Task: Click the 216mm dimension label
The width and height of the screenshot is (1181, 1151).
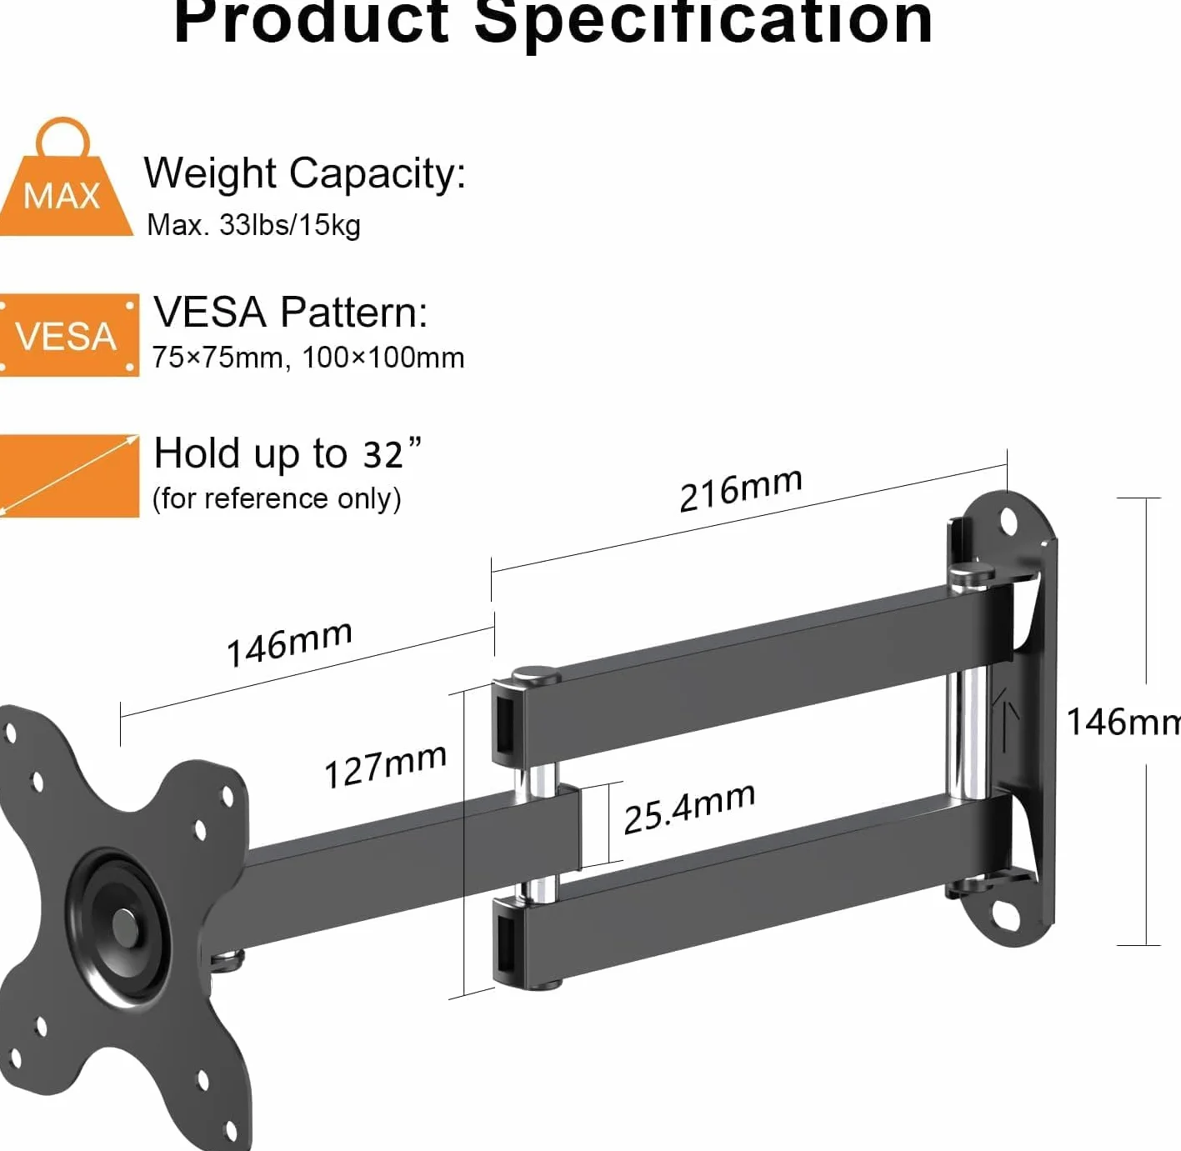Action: [x=740, y=489]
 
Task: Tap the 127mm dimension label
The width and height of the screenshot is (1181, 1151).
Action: [x=385, y=766]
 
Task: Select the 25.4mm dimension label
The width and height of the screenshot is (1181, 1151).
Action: [x=689, y=808]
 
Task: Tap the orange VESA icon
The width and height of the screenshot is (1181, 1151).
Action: [x=68, y=335]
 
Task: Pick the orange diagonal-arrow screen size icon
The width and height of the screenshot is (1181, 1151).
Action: [x=68, y=476]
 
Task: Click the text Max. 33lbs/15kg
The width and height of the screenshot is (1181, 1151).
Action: [x=253, y=225]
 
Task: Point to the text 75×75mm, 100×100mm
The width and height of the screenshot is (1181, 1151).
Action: [x=308, y=358]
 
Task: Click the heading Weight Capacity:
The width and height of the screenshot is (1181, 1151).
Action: [x=305, y=174]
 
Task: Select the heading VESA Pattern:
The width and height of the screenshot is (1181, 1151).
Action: [x=291, y=313]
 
